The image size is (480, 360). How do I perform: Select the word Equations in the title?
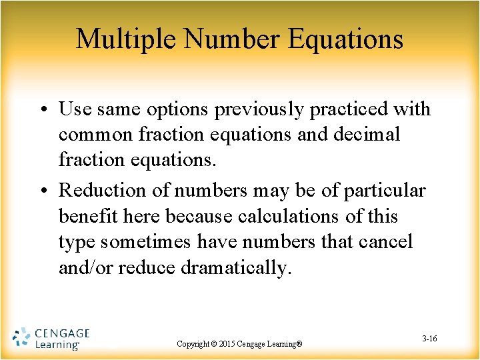tap(346, 39)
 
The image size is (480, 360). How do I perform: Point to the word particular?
tap(385, 191)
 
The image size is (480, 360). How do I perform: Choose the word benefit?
tap(85, 217)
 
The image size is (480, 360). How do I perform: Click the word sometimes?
tap(152, 242)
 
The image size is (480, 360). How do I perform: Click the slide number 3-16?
tap(429, 339)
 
